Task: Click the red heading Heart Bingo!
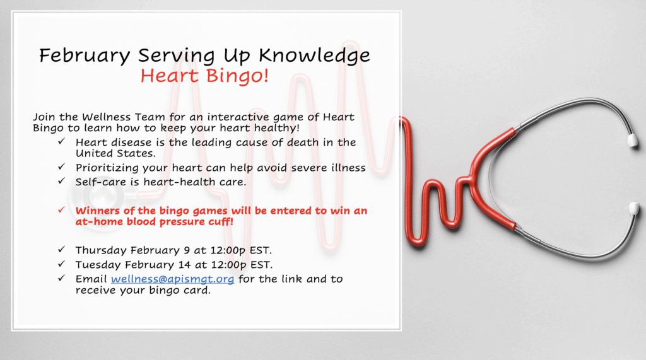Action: (x=204, y=76)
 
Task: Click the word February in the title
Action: (x=85, y=56)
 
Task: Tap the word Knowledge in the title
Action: (x=314, y=56)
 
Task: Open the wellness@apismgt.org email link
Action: (x=173, y=279)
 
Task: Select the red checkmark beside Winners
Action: (x=61, y=210)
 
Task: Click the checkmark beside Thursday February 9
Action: (x=61, y=249)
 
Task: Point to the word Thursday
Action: (x=101, y=250)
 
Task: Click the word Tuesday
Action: (x=98, y=264)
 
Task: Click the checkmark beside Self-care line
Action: (x=61, y=181)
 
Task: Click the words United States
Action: (x=115, y=154)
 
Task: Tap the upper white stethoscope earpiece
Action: (x=632, y=141)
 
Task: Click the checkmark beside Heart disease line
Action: (x=61, y=141)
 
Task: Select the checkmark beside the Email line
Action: (x=61, y=278)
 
